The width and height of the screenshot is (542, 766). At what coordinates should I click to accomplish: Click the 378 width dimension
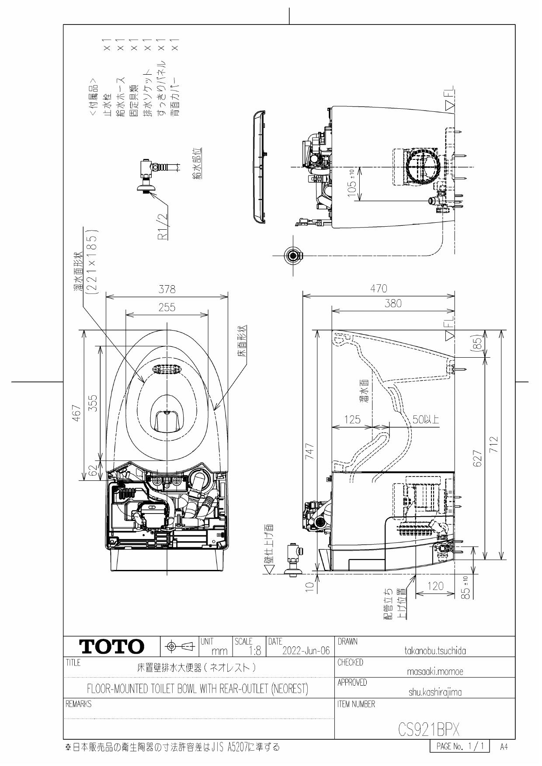coord(167,290)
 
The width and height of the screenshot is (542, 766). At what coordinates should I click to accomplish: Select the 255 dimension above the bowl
coord(167,307)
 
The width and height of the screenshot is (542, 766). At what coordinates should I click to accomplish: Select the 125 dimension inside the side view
coord(352,420)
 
